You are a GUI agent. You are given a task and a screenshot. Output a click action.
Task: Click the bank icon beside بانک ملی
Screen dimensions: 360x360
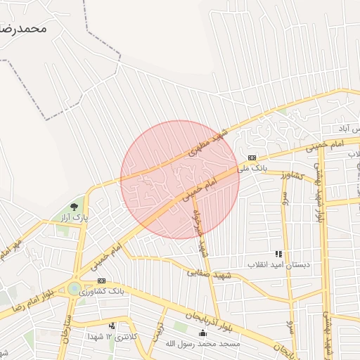click(x=252, y=157)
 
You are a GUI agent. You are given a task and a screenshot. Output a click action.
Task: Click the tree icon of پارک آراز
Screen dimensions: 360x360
click(x=74, y=207)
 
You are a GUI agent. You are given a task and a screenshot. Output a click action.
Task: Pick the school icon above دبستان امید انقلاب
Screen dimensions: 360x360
click(x=278, y=254)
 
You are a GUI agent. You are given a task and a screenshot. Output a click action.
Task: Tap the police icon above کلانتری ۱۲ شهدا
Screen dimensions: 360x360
click(x=112, y=326)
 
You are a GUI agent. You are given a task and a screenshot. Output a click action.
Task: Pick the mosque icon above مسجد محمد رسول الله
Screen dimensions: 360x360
click(x=203, y=333)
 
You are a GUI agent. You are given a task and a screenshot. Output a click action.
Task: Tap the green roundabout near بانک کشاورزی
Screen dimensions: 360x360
click(x=74, y=288)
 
